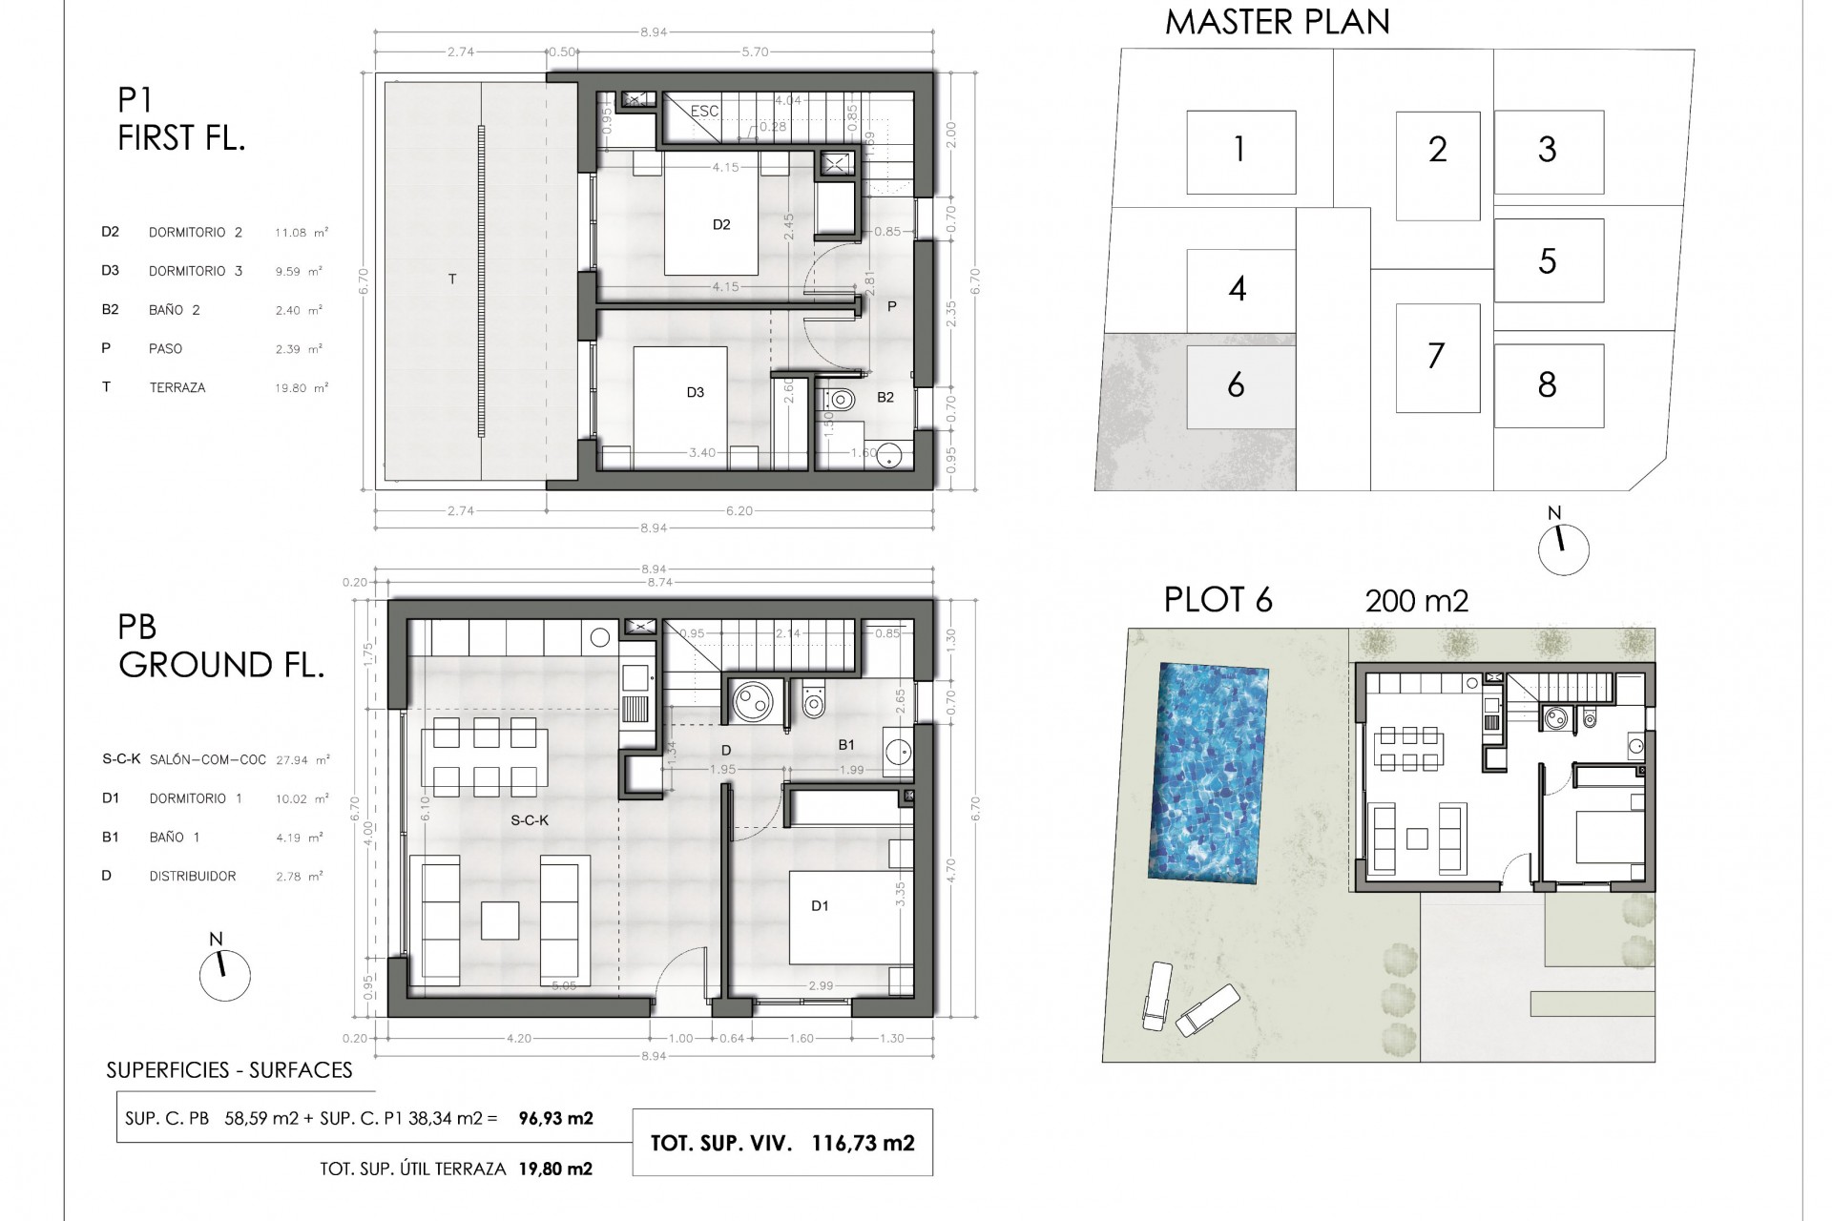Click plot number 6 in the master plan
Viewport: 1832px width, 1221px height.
point(1236,385)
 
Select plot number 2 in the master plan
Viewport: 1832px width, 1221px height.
point(1437,150)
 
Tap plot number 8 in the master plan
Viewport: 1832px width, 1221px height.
point(1548,385)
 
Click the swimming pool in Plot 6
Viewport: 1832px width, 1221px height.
point(1212,772)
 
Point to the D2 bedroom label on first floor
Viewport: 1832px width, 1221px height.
point(721,225)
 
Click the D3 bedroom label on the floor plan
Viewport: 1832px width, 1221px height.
point(696,393)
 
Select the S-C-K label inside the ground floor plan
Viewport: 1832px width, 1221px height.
point(530,820)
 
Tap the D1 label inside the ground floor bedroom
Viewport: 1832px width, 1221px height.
point(820,906)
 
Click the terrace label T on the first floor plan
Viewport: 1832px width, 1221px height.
point(452,279)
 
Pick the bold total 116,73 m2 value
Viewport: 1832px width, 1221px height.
point(863,1144)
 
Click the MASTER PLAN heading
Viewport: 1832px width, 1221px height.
point(1277,22)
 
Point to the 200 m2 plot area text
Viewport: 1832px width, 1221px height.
point(1416,601)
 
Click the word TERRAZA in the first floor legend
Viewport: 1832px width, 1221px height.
point(177,388)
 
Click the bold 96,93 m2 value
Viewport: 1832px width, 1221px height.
point(555,1118)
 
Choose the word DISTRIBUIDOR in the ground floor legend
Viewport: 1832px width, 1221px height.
point(192,877)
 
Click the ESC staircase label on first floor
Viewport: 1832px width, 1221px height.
point(704,112)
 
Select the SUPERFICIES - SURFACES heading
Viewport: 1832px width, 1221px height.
point(229,1071)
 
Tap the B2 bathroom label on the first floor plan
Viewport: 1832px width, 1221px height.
point(885,398)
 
